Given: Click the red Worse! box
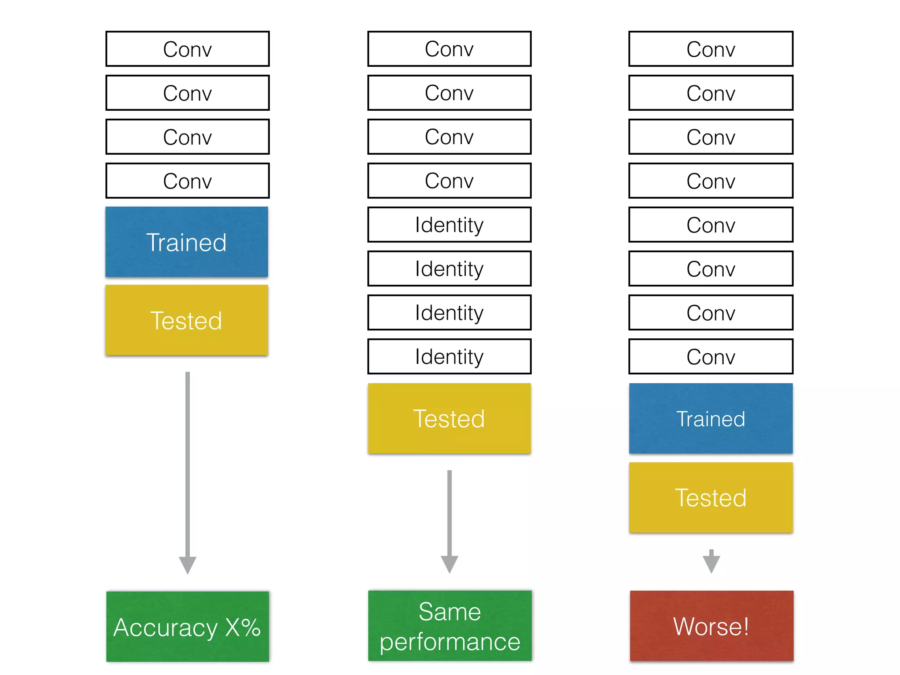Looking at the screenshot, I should (x=711, y=626).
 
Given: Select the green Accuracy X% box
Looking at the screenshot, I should (x=187, y=627).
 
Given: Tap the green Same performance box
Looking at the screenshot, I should (x=450, y=626).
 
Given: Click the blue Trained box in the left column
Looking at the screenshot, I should (x=187, y=242).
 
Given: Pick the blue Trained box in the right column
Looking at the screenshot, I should (x=711, y=418).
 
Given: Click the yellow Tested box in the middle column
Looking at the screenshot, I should (x=449, y=418).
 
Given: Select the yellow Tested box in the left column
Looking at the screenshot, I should (x=187, y=320).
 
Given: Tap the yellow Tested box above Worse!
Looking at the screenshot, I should (x=711, y=497).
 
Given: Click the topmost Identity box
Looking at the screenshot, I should (x=449, y=225).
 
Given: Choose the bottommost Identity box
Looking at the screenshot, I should (x=449, y=356).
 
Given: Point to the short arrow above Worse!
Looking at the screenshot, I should (x=711, y=562).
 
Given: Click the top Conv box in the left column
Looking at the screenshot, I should (x=188, y=49).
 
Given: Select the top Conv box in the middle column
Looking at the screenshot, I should (x=449, y=49).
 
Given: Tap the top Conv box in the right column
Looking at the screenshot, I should (x=711, y=49).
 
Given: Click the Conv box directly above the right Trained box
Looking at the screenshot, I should (x=711, y=356).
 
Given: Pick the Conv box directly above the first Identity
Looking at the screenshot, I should (x=449, y=181).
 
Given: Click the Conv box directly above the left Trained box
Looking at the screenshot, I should (x=188, y=181).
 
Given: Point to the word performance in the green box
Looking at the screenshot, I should (x=450, y=642).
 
